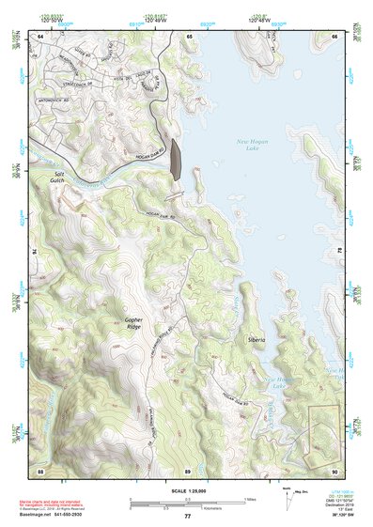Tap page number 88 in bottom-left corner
[x=40, y=469]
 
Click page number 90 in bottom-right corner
[x=334, y=469]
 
